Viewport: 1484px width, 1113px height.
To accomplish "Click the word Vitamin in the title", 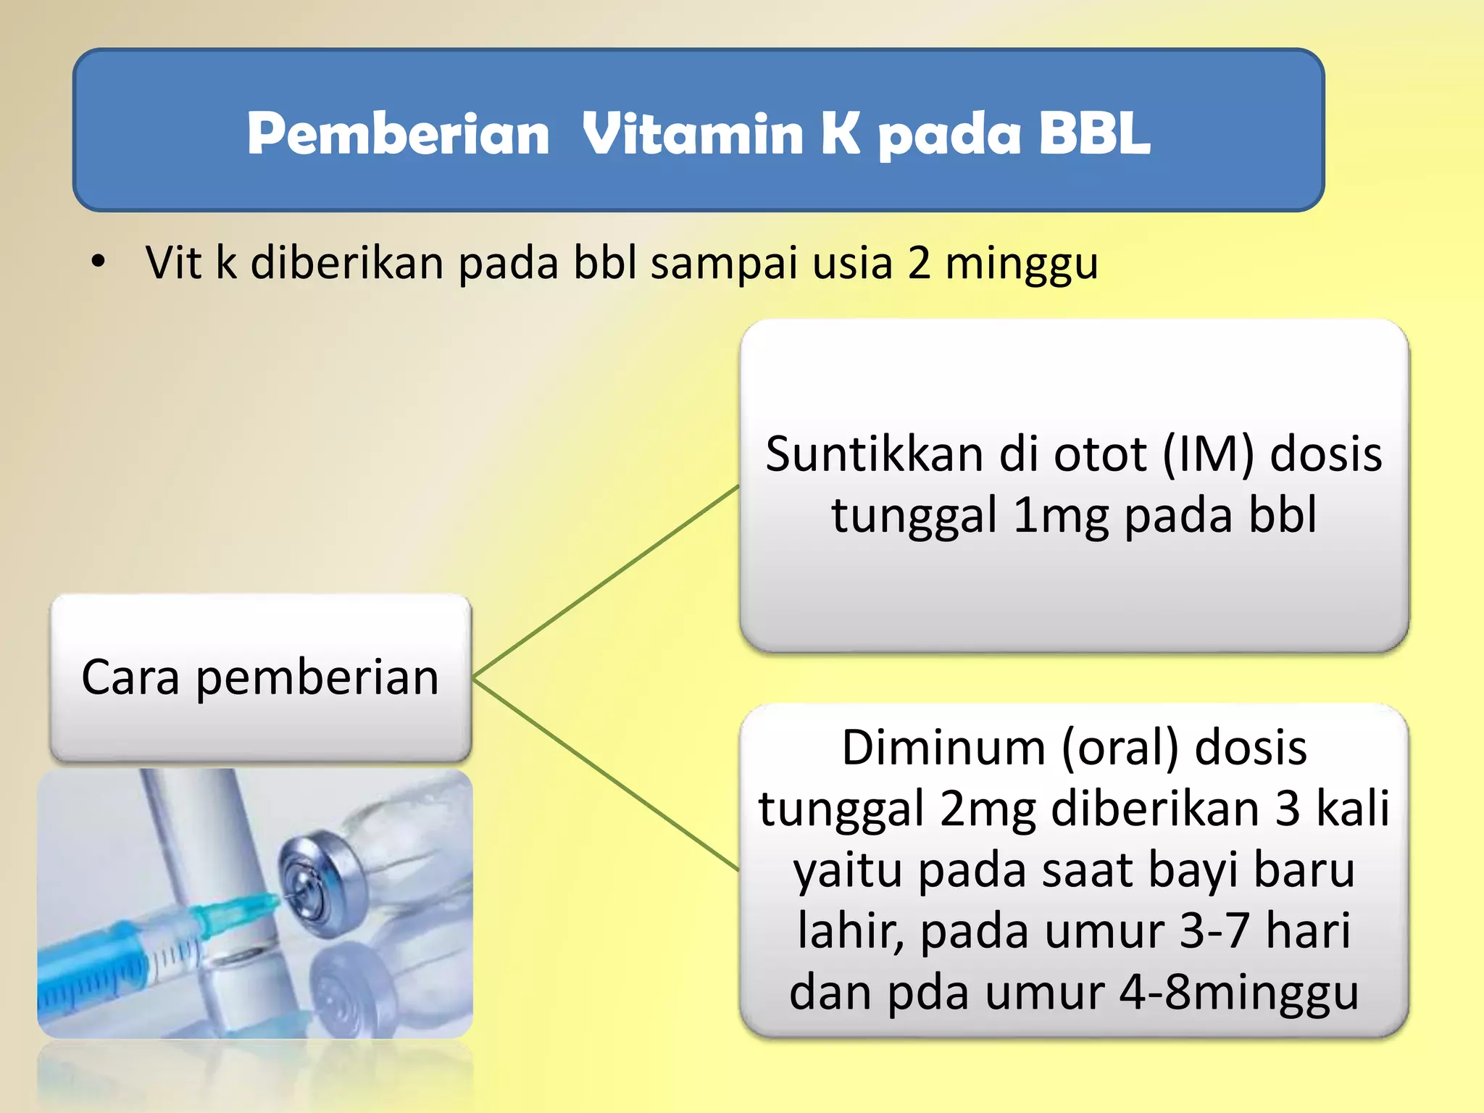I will [692, 134].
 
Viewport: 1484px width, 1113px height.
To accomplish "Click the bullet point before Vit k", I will [99, 262].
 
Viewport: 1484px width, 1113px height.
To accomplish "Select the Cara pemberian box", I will [261, 678].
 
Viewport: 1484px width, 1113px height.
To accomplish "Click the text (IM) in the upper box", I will [1207, 455].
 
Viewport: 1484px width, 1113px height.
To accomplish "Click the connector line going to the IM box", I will [606, 582].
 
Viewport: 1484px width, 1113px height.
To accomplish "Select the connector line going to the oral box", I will [606, 774].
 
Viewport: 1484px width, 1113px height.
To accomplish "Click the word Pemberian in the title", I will [398, 134].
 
